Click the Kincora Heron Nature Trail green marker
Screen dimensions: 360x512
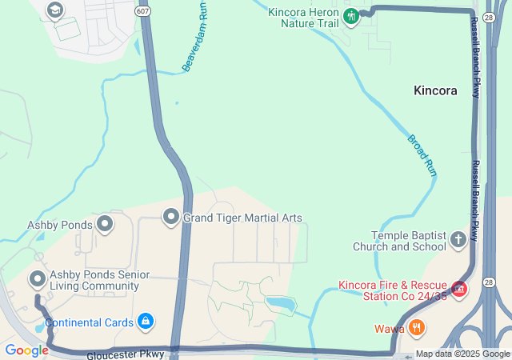coord(350,15)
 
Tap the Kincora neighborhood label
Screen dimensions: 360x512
coord(435,90)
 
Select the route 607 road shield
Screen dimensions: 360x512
coord(142,11)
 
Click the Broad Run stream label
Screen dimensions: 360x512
coord(422,154)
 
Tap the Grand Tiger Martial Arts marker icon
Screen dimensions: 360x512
coord(171,217)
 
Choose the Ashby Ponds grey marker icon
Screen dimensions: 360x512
coord(105,224)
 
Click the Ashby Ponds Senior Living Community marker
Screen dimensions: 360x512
coord(37,279)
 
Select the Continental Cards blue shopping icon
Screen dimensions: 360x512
coord(145,322)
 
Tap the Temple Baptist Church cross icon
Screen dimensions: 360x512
coord(458,239)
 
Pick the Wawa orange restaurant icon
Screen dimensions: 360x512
coord(416,327)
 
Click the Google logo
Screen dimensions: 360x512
coord(26,350)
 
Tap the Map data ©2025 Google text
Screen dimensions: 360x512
coord(462,354)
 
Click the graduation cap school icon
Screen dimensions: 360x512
coord(54,10)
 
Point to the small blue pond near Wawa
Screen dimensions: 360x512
coord(280,304)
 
